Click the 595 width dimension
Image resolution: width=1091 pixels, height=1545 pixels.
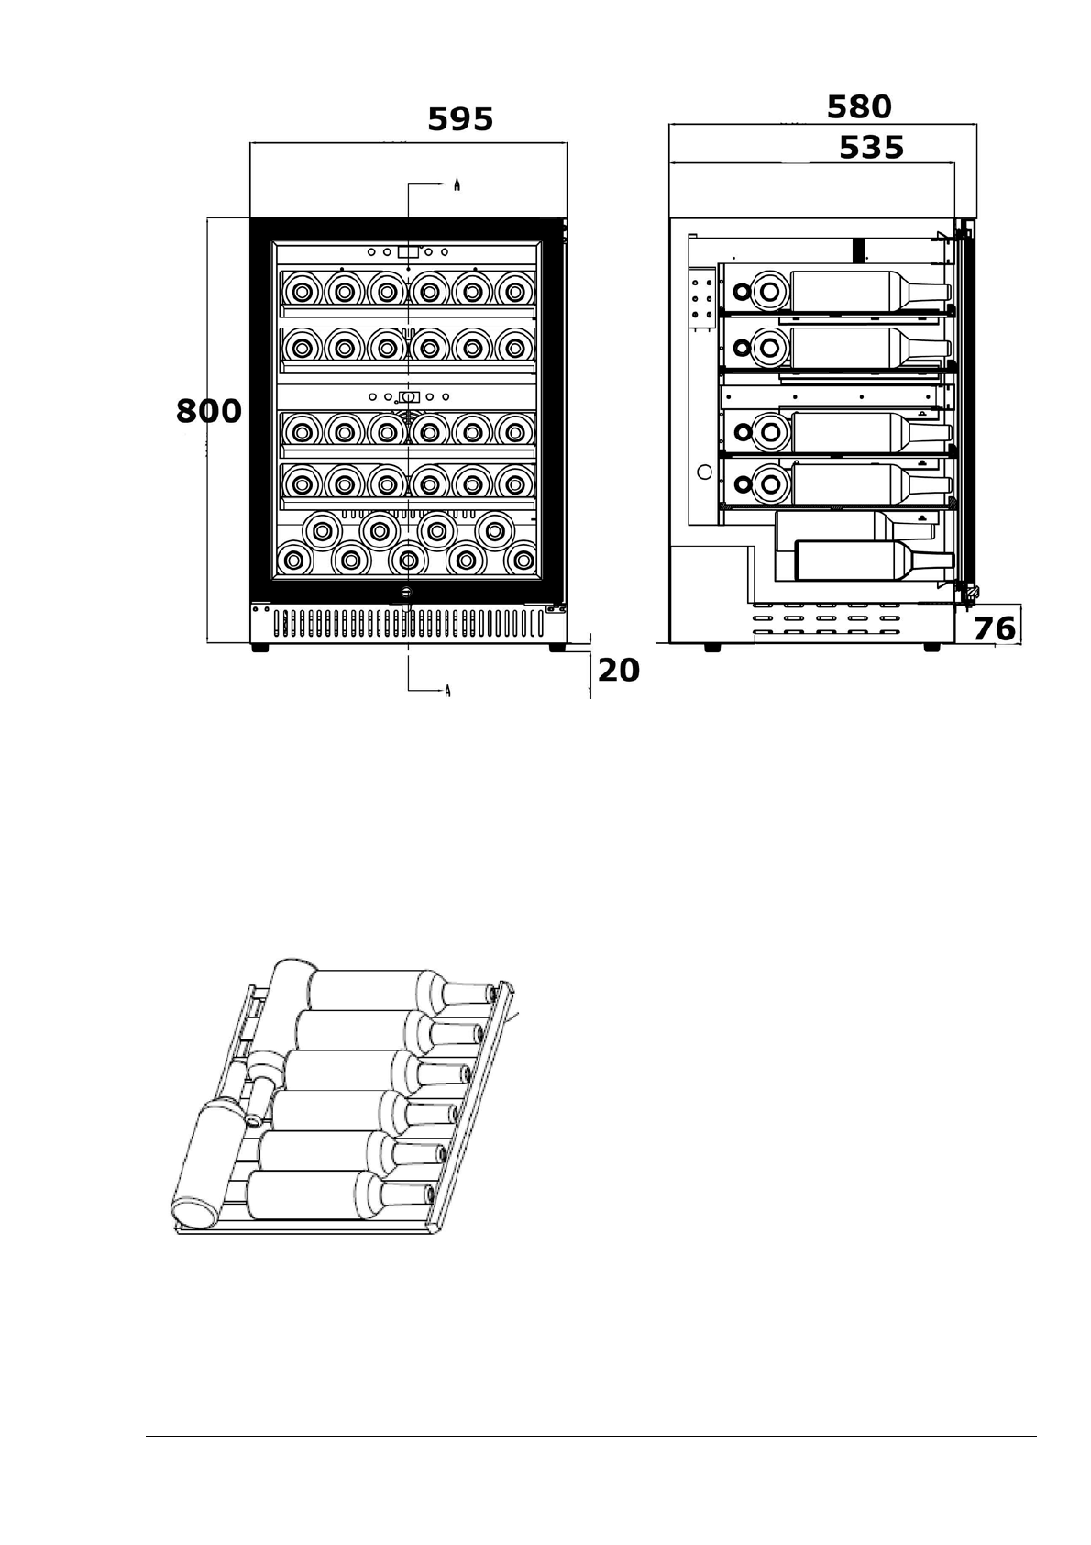tap(460, 119)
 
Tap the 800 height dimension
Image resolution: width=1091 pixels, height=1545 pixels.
tap(209, 412)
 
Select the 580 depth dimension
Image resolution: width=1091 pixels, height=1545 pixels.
tap(859, 107)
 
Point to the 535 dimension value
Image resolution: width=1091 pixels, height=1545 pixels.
tap(871, 148)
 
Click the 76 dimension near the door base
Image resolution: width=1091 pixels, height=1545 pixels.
tap(995, 628)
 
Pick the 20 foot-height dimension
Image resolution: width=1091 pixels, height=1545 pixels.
tap(619, 671)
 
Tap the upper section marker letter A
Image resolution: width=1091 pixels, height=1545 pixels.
tap(457, 185)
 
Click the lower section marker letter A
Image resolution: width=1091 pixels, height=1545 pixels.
tap(447, 691)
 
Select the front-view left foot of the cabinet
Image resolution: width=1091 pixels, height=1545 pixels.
tap(260, 647)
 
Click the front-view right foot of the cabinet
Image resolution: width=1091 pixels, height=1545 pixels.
tap(557, 647)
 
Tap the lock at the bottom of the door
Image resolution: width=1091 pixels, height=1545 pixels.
tap(407, 593)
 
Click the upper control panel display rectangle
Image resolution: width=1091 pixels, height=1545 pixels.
tap(408, 251)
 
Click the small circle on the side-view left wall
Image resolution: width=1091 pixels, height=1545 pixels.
tap(704, 472)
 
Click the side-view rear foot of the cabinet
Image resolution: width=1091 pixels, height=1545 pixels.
tap(711, 647)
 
